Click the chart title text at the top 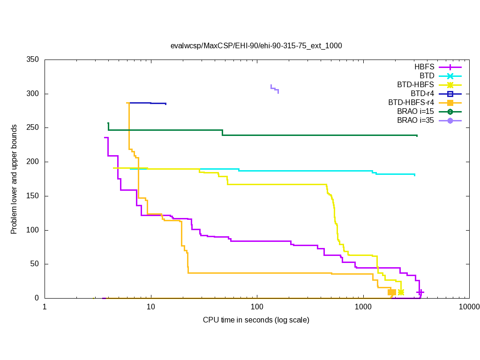tap(256, 45)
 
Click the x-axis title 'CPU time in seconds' tap(256, 320)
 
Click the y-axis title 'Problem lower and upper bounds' tap(15, 180)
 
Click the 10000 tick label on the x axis tap(469, 307)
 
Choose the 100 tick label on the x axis tap(257, 307)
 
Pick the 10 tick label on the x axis tap(150, 307)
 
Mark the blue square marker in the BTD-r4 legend tap(450, 94)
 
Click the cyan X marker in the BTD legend tap(450, 76)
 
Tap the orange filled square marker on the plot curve tap(392, 292)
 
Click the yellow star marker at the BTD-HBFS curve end tap(401, 292)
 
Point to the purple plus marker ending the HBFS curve tap(420, 292)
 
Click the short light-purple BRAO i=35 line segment tap(275, 89)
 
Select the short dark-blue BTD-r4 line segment tap(148, 103)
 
